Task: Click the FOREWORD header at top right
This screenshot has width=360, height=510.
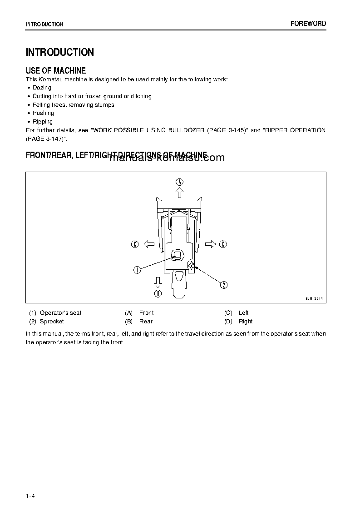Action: click(308, 24)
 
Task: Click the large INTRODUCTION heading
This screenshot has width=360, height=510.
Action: click(60, 52)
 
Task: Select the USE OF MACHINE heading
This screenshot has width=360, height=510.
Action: click(56, 70)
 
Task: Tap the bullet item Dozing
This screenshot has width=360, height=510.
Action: click(42, 88)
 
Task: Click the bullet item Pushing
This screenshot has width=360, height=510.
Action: click(43, 113)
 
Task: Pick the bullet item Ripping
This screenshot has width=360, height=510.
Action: click(43, 122)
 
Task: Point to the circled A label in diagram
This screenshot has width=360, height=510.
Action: click(180, 182)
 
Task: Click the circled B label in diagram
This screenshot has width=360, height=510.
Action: click(158, 293)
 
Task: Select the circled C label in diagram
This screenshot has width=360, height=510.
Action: click(135, 244)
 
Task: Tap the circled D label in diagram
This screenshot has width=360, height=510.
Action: click(223, 244)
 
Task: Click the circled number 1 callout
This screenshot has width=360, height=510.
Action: click(137, 270)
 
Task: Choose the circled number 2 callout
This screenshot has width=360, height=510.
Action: click(224, 285)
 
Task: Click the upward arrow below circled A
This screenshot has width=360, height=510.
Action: click(180, 193)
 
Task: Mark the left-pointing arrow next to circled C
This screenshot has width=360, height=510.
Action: click(148, 244)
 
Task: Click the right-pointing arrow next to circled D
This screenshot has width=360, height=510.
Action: click(210, 244)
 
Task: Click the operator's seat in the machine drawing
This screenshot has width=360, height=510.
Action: click(177, 255)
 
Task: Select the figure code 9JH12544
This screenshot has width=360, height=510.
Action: click(315, 298)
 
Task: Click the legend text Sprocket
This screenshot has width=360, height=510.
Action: click(52, 322)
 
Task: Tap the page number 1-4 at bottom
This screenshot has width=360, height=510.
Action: click(30, 495)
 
